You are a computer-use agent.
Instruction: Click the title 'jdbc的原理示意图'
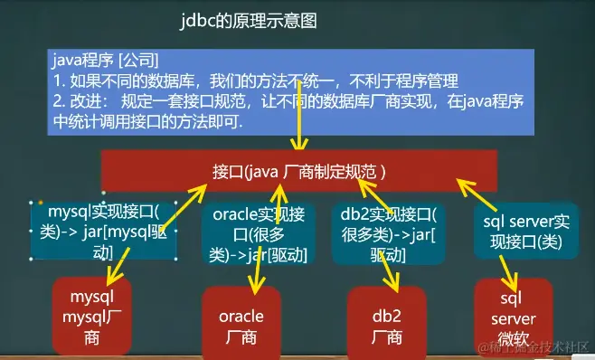(249, 21)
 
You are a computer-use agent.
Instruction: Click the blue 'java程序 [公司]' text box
(290, 92)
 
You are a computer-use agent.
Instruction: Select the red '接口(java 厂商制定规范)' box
(299, 171)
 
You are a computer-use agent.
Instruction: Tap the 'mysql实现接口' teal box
(103, 232)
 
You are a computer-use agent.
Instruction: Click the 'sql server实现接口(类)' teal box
(526, 232)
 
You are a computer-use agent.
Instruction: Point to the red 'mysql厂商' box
(92, 317)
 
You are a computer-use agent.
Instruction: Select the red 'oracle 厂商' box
(241, 323)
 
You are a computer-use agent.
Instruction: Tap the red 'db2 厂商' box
(387, 323)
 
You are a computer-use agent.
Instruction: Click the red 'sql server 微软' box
(514, 318)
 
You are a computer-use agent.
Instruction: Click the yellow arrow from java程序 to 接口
(299, 115)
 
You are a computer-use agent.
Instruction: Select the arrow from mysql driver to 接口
(184, 207)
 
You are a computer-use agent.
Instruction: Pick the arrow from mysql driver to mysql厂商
(118, 267)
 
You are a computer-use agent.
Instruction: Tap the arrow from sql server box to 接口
(477, 194)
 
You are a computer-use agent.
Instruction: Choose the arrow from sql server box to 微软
(509, 274)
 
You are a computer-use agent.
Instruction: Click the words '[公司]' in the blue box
(138, 60)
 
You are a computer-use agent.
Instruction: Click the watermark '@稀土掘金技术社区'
(534, 347)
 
